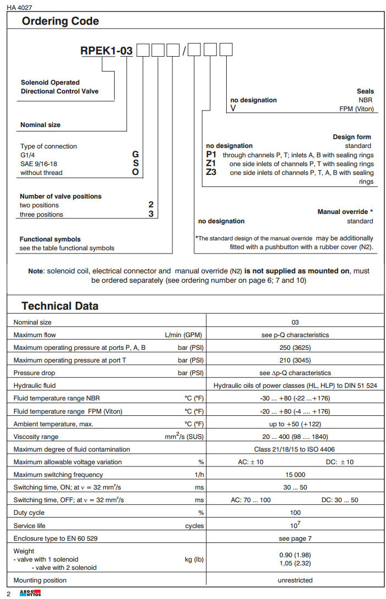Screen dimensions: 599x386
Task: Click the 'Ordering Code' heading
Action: pyautogui.click(x=60, y=21)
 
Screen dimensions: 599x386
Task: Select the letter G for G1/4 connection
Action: pyautogui.click(x=136, y=155)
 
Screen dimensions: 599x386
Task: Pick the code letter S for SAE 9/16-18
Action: pyautogui.click(x=136, y=163)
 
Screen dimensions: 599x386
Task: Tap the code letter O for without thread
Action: pyautogui.click(x=136, y=172)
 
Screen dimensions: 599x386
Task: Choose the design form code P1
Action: pyautogui.click(x=212, y=155)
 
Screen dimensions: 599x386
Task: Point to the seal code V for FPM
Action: pyautogui.click(x=233, y=108)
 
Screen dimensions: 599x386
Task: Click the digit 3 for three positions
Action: pyautogui.click(x=151, y=214)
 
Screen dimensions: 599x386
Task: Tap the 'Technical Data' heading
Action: pyautogui.click(x=60, y=306)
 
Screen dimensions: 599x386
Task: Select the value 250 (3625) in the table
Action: pyautogui.click(x=295, y=348)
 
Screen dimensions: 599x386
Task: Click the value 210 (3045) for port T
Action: pyautogui.click(x=295, y=360)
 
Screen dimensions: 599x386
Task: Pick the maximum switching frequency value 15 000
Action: pyautogui.click(x=295, y=475)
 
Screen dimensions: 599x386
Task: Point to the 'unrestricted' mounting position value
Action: pyautogui.click(x=295, y=580)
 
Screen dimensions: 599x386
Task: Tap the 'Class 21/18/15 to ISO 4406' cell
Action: pyautogui.click(x=295, y=449)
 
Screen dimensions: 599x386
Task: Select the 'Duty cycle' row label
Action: pyautogui.click(x=29, y=513)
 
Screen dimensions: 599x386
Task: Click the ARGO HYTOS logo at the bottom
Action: pyautogui.click(x=30, y=593)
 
